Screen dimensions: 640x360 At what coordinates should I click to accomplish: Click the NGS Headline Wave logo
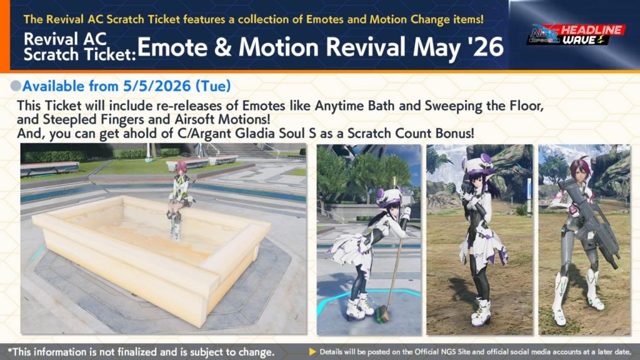pos(576,35)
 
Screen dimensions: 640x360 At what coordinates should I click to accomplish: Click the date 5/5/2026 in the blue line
pos(157,86)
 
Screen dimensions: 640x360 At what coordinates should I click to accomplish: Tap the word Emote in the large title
pos(172,47)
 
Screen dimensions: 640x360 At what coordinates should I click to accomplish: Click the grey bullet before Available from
pos(16,86)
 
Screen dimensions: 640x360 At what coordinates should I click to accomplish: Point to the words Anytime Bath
pos(354,106)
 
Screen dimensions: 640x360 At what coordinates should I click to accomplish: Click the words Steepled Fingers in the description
pos(93,119)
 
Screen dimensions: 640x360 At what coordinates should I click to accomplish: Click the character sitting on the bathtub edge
pos(179,199)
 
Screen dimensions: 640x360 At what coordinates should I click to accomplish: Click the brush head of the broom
pos(382,314)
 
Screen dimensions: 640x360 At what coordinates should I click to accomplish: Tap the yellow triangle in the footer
pos(312,351)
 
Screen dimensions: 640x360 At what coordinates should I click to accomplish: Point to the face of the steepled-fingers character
pos(476,178)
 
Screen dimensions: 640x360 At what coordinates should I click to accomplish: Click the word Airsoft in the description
pos(196,119)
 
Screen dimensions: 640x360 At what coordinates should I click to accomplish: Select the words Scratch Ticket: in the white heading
pos(79,54)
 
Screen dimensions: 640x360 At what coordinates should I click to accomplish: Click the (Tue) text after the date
pos(213,86)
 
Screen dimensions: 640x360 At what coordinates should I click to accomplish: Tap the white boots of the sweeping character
pos(359,306)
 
